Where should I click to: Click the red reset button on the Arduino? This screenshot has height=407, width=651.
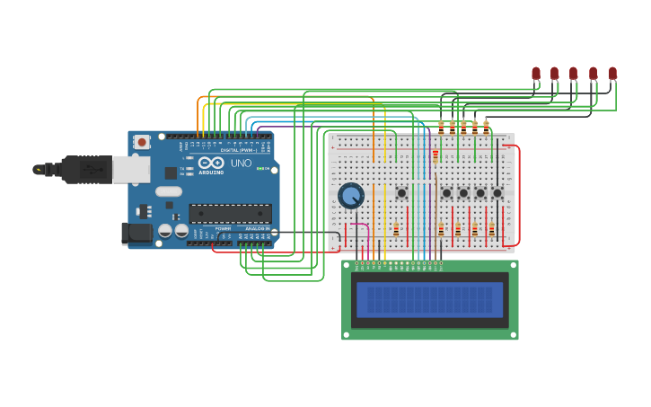(141, 142)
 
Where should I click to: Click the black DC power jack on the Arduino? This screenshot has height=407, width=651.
(136, 233)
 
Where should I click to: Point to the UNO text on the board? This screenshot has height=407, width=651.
(242, 164)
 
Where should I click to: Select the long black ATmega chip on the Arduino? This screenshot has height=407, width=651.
(230, 213)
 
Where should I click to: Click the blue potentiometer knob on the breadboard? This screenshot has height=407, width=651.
(350, 195)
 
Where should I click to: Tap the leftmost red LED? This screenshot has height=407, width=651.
(536, 74)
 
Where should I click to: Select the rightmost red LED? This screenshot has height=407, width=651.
(612, 74)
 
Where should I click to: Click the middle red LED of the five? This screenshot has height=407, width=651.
(573, 74)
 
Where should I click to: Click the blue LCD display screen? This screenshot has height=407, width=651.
(429, 299)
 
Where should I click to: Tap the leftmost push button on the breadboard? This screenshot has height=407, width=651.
(401, 192)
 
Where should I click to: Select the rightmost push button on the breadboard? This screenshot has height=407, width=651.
(497, 192)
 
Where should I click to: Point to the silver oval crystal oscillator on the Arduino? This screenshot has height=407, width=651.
(168, 190)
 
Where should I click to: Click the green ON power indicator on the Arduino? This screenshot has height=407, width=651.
(260, 168)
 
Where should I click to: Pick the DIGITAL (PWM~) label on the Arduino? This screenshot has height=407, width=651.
(238, 150)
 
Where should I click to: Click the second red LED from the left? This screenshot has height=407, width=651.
(554, 74)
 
